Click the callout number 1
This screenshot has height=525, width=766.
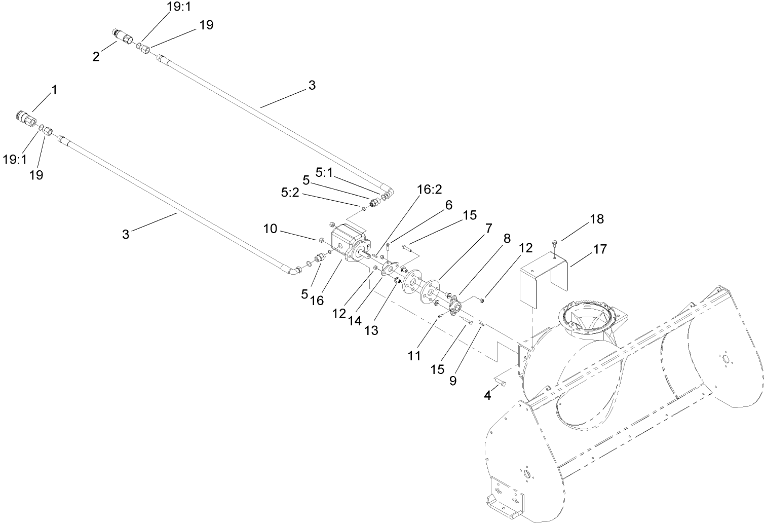(x=54, y=91)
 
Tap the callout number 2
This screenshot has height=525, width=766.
(x=96, y=57)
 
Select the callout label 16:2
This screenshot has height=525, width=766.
(x=430, y=190)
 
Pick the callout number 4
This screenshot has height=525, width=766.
(x=487, y=395)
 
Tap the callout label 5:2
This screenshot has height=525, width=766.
(x=291, y=193)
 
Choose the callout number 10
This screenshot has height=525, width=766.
(x=270, y=229)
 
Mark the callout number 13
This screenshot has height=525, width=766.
(x=371, y=330)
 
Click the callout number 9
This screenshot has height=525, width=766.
(x=452, y=380)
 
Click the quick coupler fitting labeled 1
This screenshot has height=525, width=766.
(x=25, y=120)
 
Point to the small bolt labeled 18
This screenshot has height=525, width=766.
(x=556, y=242)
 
